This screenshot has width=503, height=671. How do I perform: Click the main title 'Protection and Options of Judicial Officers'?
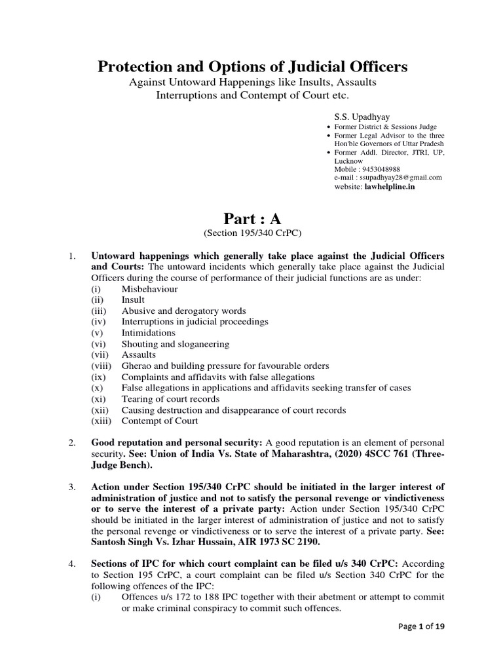(252, 67)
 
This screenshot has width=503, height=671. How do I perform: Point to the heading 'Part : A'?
(251, 218)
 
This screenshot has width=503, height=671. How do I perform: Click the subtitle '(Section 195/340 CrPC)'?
(251, 233)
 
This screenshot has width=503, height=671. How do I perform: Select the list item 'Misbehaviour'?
(149, 288)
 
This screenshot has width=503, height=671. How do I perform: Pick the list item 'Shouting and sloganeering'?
(175, 344)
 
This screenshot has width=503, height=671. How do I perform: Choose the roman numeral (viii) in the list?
(102, 366)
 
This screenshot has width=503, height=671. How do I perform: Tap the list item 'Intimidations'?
(148, 333)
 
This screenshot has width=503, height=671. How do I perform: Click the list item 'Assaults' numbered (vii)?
(139, 355)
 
